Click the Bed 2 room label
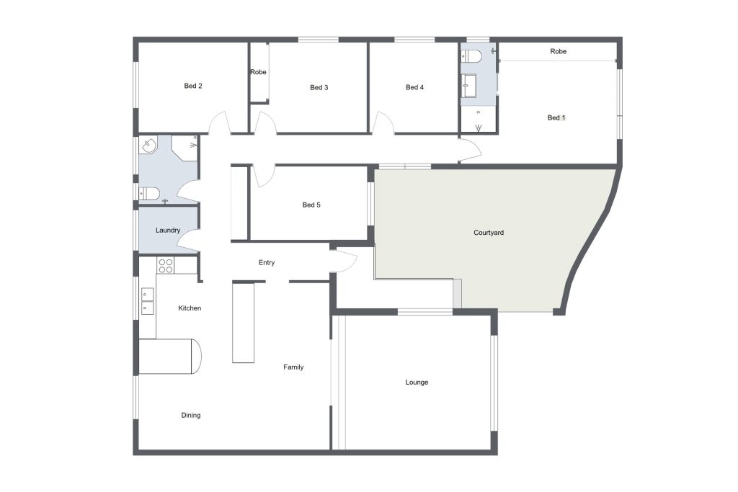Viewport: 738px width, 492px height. pos(193,86)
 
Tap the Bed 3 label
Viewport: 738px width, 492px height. pos(319,87)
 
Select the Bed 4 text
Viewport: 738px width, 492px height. pos(414,87)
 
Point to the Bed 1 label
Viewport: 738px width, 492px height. pos(556,117)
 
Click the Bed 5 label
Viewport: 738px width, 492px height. pos(311,205)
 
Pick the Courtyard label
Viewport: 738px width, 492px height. pos(489,233)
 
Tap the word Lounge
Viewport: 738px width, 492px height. pos(417,383)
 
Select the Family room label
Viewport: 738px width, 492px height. pos(293,367)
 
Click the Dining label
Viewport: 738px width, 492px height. pos(190,416)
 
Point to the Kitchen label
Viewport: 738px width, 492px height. pos(190,308)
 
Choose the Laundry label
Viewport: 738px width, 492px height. pos(168,231)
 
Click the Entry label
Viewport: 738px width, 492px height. pos(267,262)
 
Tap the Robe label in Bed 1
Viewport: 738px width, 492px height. pos(559,51)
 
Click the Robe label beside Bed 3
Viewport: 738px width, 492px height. pos(258,72)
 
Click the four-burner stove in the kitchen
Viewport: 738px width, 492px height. pos(165,265)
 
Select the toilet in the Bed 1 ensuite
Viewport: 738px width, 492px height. pos(471,56)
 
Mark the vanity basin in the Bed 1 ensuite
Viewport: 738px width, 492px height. pos(469,84)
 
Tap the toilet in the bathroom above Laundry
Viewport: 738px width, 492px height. pos(150,193)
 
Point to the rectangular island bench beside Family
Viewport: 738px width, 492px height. pos(244,322)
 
